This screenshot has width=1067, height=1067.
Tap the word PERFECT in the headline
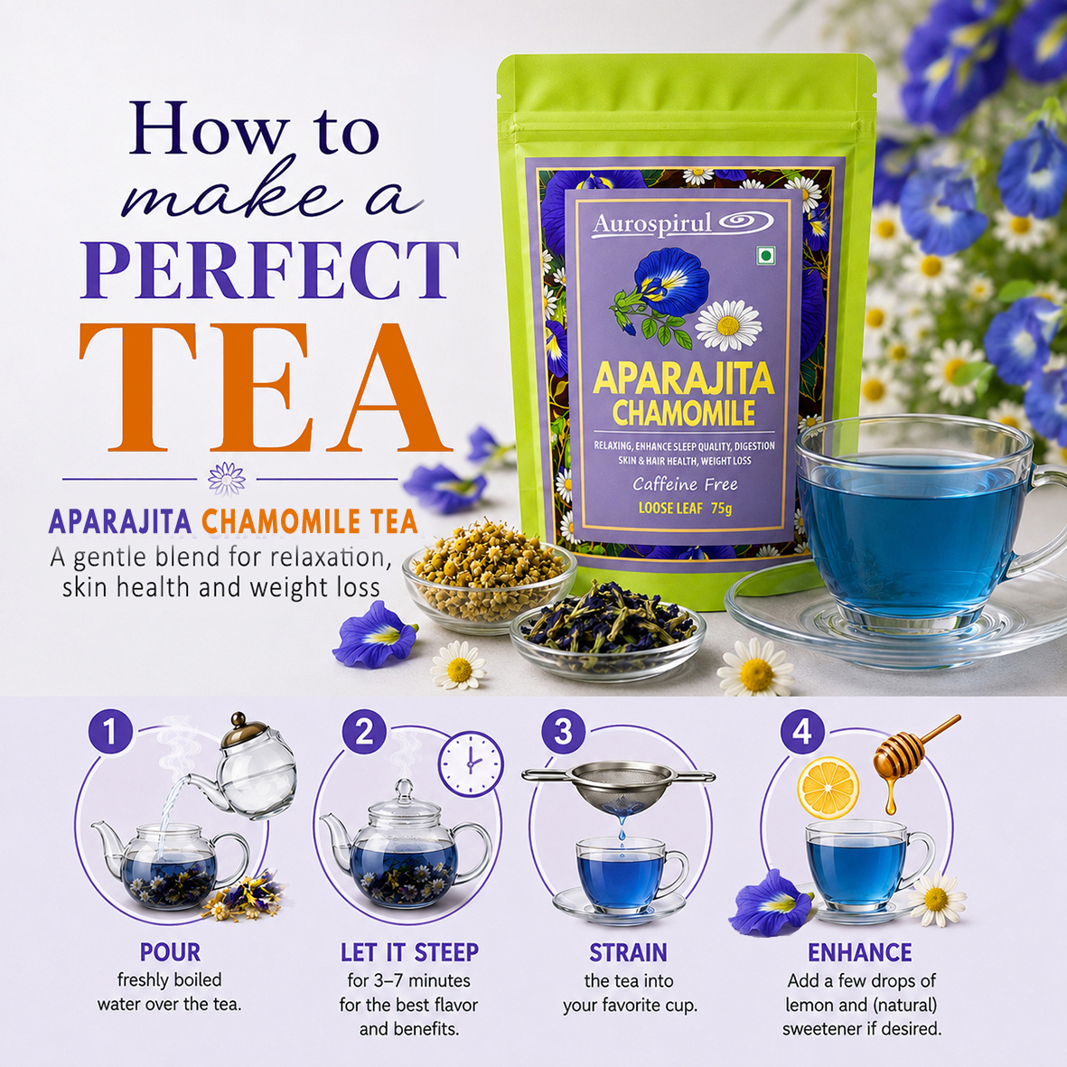(269, 270)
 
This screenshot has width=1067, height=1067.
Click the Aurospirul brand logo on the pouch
(682, 223)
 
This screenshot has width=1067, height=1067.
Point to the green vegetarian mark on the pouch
(766, 256)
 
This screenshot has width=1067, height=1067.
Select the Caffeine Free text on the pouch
(685, 484)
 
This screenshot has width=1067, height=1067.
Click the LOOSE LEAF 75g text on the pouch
(685, 508)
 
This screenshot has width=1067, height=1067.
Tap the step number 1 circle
(110, 732)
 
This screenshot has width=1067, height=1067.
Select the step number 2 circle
(364, 732)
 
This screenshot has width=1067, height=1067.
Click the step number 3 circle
(564, 732)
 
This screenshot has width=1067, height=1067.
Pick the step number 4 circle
(802, 732)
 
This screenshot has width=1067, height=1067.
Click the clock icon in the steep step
(471, 763)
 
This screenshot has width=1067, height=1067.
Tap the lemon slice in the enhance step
(828, 788)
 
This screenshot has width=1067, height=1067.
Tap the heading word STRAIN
(628, 952)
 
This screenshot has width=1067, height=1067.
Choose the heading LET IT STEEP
(409, 952)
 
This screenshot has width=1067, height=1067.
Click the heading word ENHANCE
(860, 952)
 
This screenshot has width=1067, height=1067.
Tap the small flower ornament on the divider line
(227, 478)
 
